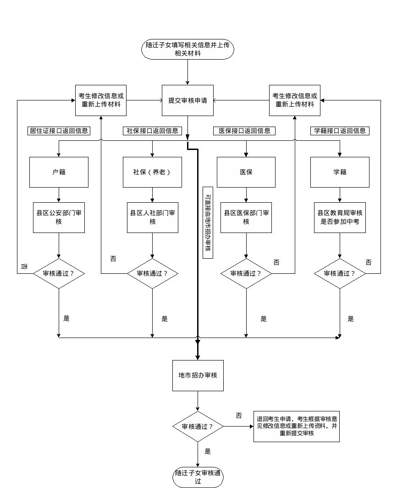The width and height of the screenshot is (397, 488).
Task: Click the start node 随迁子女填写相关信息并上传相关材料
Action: [x=187, y=50]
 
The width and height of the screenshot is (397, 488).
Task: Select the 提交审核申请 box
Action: [x=187, y=100]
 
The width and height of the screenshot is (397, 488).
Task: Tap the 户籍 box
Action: [x=59, y=172]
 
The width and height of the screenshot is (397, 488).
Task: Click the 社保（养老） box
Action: [x=152, y=172]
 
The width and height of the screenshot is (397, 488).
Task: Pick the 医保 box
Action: [x=246, y=172]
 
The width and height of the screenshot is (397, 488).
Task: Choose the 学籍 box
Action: [x=340, y=172]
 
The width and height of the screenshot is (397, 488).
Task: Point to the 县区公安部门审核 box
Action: [x=59, y=217]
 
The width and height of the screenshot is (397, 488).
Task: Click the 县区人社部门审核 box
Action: [x=152, y=217]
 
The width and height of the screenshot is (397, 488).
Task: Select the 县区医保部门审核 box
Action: [x=246, y=217]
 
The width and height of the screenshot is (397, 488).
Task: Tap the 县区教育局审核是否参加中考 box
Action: [x=340, y=217]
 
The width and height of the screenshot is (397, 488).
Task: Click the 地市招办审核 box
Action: [x=198, y=375]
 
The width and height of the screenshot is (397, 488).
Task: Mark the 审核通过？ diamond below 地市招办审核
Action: [x=198, y=427]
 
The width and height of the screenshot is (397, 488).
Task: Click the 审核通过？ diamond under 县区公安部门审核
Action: [x=59, y=273]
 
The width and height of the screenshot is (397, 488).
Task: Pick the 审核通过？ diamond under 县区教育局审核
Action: [x=340, y=273]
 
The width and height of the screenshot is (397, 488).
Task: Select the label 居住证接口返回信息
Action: [x=59, y=131]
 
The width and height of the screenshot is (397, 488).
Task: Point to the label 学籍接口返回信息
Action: [x=340, y=131]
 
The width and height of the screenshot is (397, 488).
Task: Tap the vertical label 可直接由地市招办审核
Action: [x=208, y=222]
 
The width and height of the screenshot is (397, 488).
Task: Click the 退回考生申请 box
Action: [x=297, y=426]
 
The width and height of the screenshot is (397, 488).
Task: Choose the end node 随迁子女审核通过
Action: [x=198, y=477]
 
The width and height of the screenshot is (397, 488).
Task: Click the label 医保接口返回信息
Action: [x=244, y=131]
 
